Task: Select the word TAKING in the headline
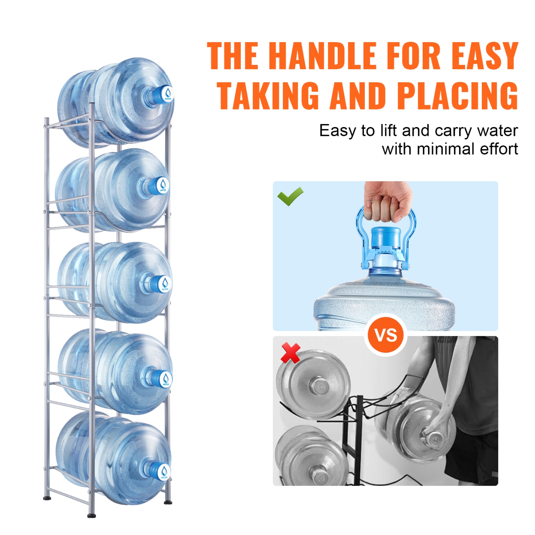[x=268, y=96]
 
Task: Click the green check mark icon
[x=290, y=196]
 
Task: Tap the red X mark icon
[x=290, y=353]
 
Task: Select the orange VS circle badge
[x=386, y=335]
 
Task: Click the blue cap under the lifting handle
[x=386, y=237]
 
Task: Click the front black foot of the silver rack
[x=92, y=515]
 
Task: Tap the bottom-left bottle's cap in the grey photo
[x=317, y=475]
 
